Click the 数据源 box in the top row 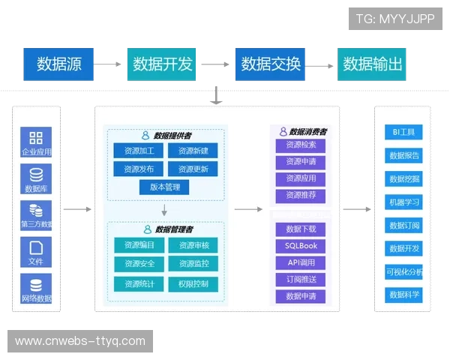[x=58, y=64]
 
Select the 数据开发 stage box [x=163, y=64]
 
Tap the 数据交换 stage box [x=271, y=64]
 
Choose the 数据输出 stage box [x=373, y=64]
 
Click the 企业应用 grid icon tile [x=36, y=141]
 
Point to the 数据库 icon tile [x=36, y=178]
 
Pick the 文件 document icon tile [x=36, y=252]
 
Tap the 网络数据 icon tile [x=36, y=288]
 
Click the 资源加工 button [x=139, y=151]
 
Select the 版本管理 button [x=165, y=187]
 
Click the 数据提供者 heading [x=166, y=136]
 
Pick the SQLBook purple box [x=301, y=246]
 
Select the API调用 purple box [x=301, y=262]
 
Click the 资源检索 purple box [x=301, y=145]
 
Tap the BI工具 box [x=403, y=133]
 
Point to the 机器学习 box [x=404, y=202]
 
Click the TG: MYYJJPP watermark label [x=395, y=19]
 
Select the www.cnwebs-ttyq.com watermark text [x=80, y=341]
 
